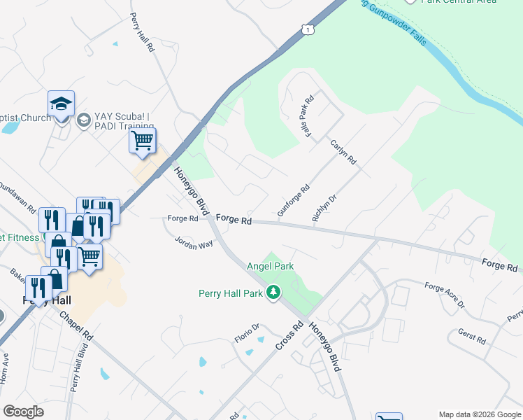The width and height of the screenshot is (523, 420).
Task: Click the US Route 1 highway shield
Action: coord(307,29)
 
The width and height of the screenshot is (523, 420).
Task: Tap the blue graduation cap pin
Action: coord(61,105)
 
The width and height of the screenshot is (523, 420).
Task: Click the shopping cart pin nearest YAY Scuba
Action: coord(142,141)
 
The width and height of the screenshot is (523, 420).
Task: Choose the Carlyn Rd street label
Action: coord(343,151)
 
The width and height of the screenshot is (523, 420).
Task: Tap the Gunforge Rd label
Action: coord(293,200)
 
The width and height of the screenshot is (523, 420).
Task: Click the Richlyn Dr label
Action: coord(324,208)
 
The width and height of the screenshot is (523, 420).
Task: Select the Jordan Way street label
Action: coord(194,244)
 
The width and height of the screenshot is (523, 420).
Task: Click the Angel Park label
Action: coord(270,266)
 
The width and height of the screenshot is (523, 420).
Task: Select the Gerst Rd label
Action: coord(471,336)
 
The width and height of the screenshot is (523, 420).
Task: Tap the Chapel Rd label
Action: coord(76,323)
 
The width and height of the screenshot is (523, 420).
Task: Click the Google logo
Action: coord(23,412)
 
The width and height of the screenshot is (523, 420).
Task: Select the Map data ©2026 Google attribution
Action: coord(480,414)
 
